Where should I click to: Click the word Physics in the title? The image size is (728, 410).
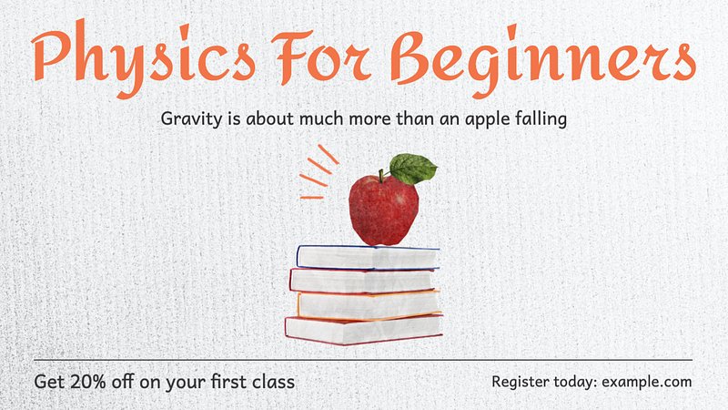pos(144,58)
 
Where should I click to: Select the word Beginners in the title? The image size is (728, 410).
pos(542,60)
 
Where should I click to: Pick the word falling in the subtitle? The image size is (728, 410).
pos(541,118)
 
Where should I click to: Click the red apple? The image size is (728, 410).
pos(383,210)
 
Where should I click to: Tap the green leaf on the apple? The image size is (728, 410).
pos(412,169)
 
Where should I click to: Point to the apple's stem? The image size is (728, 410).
pos(381,176)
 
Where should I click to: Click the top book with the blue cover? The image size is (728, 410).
pos(368,258)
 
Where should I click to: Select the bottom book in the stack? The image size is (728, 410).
pos(363,330)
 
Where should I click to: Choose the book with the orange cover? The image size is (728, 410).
pos(369,305)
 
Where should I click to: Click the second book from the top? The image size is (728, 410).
pos(362,281)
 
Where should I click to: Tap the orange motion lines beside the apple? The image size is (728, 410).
pos(319,172)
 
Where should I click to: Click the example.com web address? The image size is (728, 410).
pos(646,382)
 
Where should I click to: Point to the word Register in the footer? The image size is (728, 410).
pos(520,383)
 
